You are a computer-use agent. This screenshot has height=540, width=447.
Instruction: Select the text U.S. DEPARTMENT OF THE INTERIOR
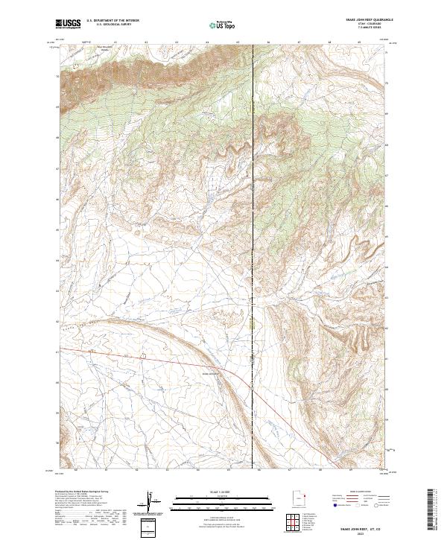[x=112, y=21]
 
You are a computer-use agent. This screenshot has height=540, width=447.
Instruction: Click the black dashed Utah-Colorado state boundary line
[x=253, y=223]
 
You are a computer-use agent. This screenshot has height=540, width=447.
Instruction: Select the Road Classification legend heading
[x=357, y=492]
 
